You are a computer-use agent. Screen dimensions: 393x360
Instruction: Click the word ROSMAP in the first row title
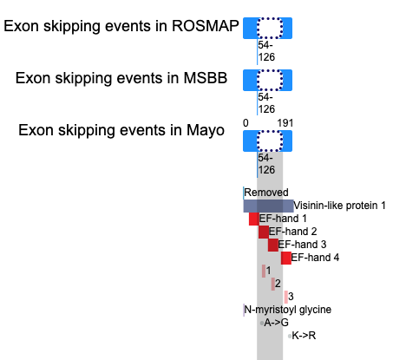click(206, 26)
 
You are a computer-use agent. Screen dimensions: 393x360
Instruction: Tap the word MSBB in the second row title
click(206, 78)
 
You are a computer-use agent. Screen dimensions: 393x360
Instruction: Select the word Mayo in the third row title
click(206, 130)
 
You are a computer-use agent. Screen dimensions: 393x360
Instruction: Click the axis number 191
click(285, 123)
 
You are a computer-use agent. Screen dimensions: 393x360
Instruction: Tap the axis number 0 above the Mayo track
click(246, 123)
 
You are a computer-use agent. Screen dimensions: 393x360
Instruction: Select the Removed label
click(266, 193)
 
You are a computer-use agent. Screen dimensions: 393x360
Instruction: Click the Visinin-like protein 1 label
click(339, 206)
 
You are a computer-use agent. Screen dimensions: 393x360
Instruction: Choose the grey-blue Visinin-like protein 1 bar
click(268, 206)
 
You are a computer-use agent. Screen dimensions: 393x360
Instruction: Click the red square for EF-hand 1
click(254, 219)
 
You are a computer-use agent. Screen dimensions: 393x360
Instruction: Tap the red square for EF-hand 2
click(264, 232)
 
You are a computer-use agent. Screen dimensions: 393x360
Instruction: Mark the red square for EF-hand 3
click(273, 245)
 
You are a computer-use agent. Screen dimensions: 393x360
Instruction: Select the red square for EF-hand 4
click(286, 258)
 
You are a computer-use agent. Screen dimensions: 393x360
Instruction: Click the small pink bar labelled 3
click(286, 297)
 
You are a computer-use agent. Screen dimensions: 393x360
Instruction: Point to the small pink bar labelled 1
click(264, 271)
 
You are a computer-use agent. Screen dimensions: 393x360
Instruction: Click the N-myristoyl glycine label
click(288, 310)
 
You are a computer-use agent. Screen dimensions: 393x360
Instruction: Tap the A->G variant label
click(277, 323)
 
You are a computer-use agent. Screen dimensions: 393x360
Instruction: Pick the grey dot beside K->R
click(290, 336)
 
